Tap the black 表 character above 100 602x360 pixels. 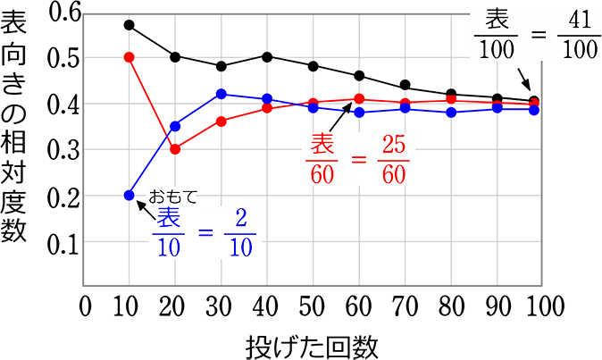[x=497, y=20]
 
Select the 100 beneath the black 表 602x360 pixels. [x=497, y=48]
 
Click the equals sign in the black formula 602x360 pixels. [x=538, y=35]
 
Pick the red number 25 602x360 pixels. [x=394, y=144]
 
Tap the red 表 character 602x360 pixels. [x=322, y=144]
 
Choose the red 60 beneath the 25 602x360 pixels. [x=394, y=173]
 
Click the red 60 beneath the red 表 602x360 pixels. [x=322, y=173]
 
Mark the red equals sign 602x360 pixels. [x=357, y=159]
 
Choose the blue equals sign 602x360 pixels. [x=205, y=233]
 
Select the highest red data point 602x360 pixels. [x=129, y=57]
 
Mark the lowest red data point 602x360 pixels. [x=175, y=149]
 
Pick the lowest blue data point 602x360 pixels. [x=129, y=195]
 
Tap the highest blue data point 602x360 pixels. [x=222, y=94]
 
